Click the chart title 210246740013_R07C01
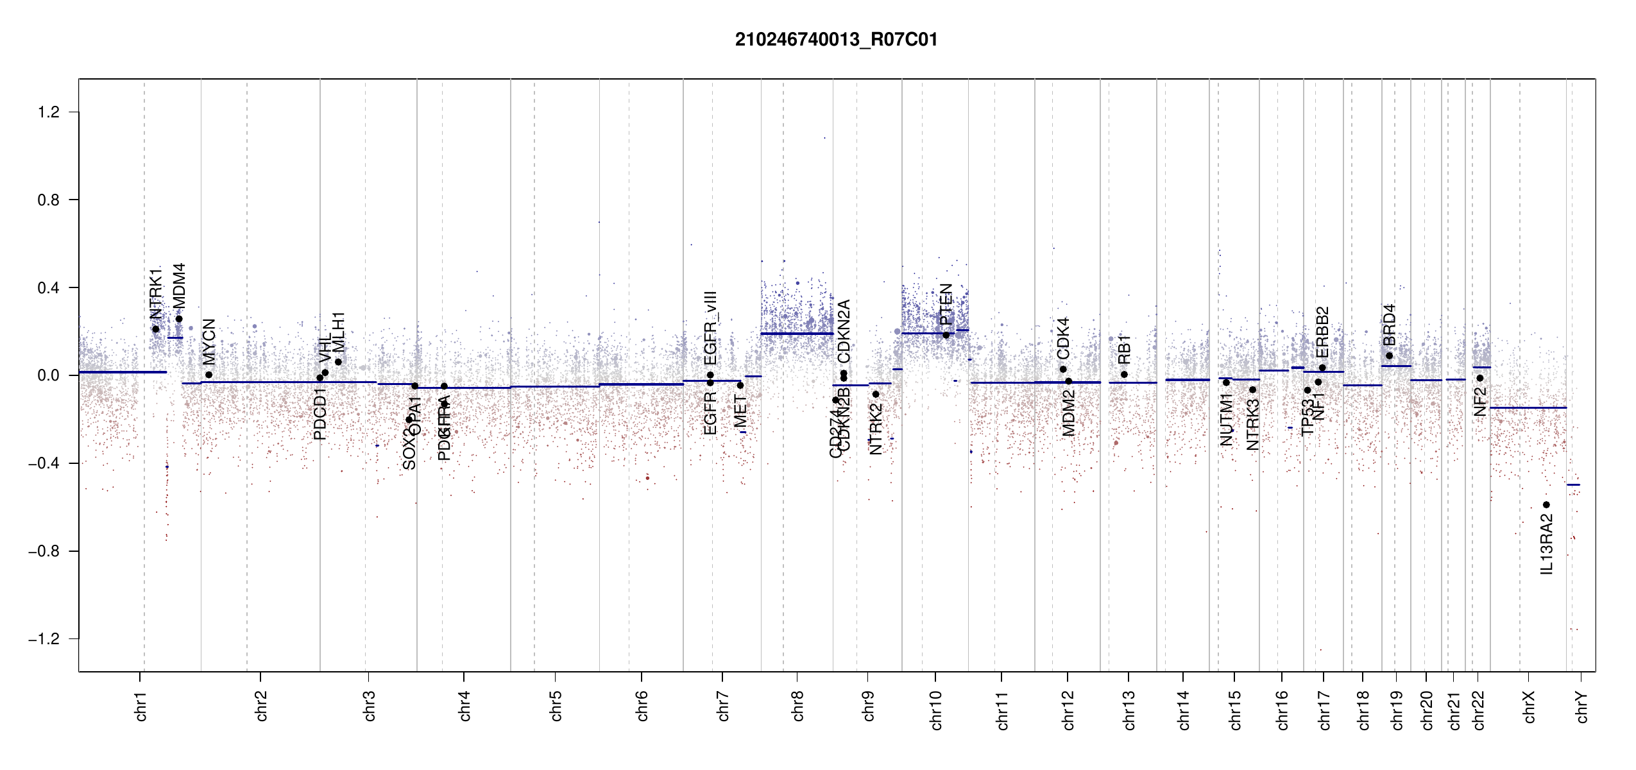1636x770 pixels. click(x=836, y=40)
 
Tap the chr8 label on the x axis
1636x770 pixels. click(x=797, y=706)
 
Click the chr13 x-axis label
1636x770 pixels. click(x=1129, y=710)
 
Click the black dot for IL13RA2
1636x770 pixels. click(x=1546, y=505)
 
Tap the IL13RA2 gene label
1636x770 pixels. click(x=1546, y=544)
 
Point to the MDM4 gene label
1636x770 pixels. click(x=179, y=285)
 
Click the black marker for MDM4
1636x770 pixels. click(x=179, y=319)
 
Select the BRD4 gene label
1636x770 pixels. click(x=1389, y=325)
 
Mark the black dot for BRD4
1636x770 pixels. click(x=1389, y=355)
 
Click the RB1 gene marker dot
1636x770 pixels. click(x=1124, y=375)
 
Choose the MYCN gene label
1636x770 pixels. click(x=209, y=341)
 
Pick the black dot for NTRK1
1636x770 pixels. click(x=155, y=329)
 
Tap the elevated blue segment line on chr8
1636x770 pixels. click(x=797, y=334)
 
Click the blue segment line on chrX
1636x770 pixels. click(x=1528, y=407)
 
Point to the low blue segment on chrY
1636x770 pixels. click(x=1573, y=484)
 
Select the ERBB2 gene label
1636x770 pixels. click(x=1322, y=332)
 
